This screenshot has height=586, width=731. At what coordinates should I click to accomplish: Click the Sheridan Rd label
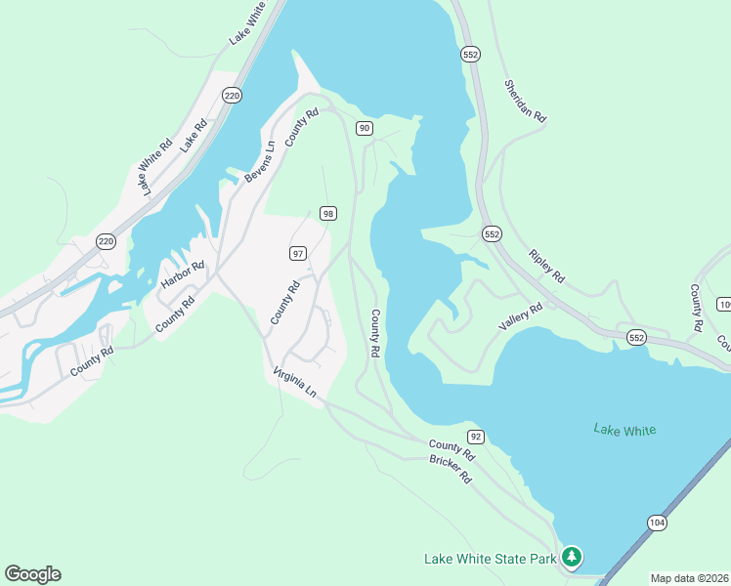pyautogui.click(x=525, y=101)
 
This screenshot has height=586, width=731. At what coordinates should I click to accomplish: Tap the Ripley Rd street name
pyautogui.click(x=546, y=265)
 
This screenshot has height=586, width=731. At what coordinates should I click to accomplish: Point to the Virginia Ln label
pyautogui.click(x=295, y=381)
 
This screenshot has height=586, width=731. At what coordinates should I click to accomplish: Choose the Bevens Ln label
pyautogui.click(x=260, y=161)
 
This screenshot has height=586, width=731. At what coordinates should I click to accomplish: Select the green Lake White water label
pyautogui.click(x=624, y=430)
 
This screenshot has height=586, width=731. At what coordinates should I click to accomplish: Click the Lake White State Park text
pyautogui.click(x=490, y=559)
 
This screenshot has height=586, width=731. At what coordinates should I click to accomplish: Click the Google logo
pyautogui.click(x=32, y=574)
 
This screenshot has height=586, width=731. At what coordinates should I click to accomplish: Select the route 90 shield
pyautogui.click(x=364, y=128)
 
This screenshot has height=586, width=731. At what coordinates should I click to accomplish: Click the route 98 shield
pyautogui.click(x=328, y=214)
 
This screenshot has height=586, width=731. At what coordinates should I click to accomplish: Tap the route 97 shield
pyautogui.click(x=298, y=253)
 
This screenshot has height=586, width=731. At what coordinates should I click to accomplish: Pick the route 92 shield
pyautogui.click(x=476, y=437)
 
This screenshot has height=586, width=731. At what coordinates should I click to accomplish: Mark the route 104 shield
pyautogui.click(x=657, y=523)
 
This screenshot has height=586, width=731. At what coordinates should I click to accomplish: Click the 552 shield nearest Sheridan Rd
pyautogui.click(x=471, y=56)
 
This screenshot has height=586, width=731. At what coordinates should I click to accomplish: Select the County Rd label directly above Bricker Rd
pyautogui.click(x=451, y=450)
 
